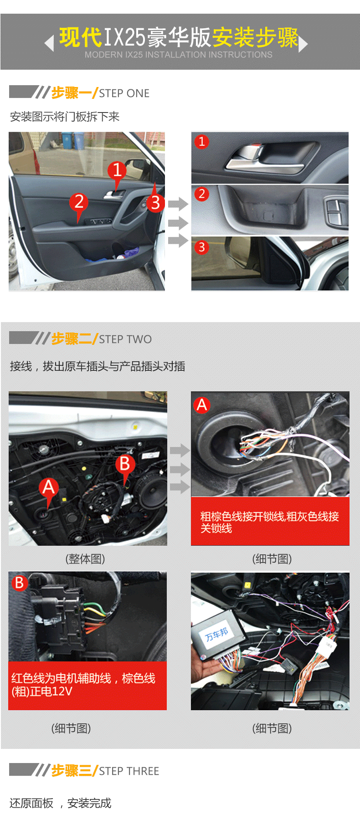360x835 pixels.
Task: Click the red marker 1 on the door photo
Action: point(117,170)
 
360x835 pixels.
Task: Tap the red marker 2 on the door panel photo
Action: point(79,201)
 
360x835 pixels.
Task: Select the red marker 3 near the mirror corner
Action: point(155,202)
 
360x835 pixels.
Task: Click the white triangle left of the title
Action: point(49,44)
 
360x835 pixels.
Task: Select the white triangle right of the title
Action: point(303,44)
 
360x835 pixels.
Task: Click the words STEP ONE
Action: point(124,93)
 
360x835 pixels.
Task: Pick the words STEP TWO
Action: point(125,339)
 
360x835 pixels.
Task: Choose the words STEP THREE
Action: point(129,771)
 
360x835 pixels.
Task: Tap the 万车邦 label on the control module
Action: point(216,634)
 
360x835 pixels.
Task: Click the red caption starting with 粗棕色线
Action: point(270,522)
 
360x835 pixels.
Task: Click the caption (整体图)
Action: point(85,558)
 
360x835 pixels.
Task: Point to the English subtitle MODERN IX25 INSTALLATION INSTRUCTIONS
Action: point(179,55)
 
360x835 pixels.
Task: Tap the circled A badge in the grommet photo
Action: point(202,405)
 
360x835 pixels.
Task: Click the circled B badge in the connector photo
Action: point(19,583)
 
